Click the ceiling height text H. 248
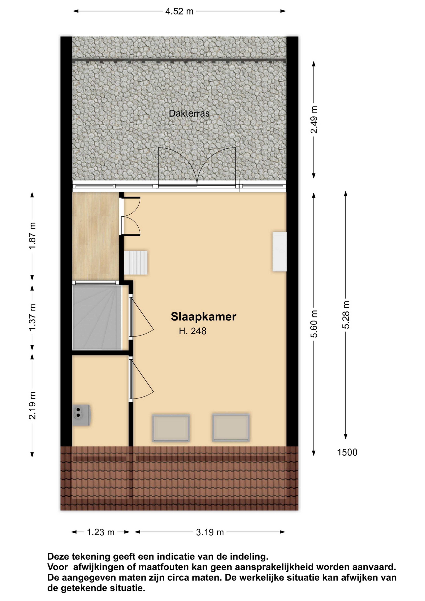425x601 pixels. pyautogui.click(x=193, y=331)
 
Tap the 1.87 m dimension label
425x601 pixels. pyautogui.click(x=32, y=236)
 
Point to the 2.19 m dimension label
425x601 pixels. pyautogui.click(x=32, y=406)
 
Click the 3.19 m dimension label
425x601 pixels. pyautogui.click(x=210, y=532)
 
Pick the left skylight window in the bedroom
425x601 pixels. pyautogui.click(x=171, y=428)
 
